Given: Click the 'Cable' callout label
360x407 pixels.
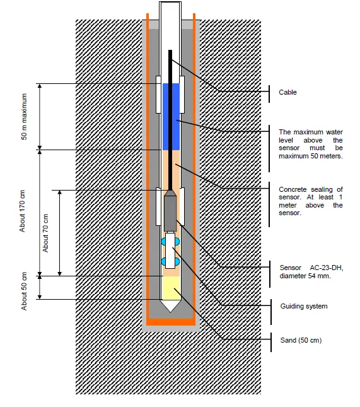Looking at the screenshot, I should [287, 92].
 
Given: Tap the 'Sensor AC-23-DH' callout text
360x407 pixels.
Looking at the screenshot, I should [310, 269].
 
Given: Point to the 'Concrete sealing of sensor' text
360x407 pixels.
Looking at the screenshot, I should [310, 201].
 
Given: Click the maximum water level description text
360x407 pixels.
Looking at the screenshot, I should [310, 144].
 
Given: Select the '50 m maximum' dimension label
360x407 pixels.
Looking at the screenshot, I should [26, 117].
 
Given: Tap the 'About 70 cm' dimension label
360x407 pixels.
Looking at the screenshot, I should [46, 233].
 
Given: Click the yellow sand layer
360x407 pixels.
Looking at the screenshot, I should [170, 287].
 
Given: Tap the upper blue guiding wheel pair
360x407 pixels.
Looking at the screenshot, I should [170, 241].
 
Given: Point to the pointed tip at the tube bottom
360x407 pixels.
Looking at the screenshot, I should [170, 305].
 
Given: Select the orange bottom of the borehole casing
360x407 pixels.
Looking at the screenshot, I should [171, 322].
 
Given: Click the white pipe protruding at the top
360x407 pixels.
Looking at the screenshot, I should [171, 22].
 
